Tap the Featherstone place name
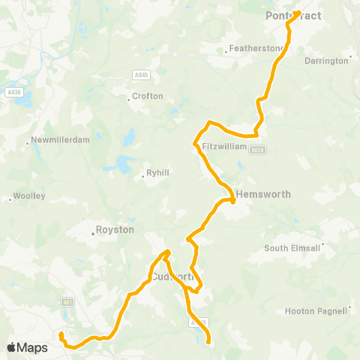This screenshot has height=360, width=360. point(256,48)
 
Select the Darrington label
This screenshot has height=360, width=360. point(328,60)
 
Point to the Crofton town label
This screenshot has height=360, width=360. point(147,96)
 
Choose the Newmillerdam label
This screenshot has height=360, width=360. point(52,140)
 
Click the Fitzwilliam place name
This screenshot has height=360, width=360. point(224,146)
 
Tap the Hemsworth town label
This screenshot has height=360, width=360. point(262,193)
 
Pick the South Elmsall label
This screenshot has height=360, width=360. point(292,248)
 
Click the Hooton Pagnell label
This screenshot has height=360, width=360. point(317,310)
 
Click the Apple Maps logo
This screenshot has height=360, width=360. point(27,348)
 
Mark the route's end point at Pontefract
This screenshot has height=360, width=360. point(298,12)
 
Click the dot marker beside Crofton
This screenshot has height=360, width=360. point(128,96)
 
